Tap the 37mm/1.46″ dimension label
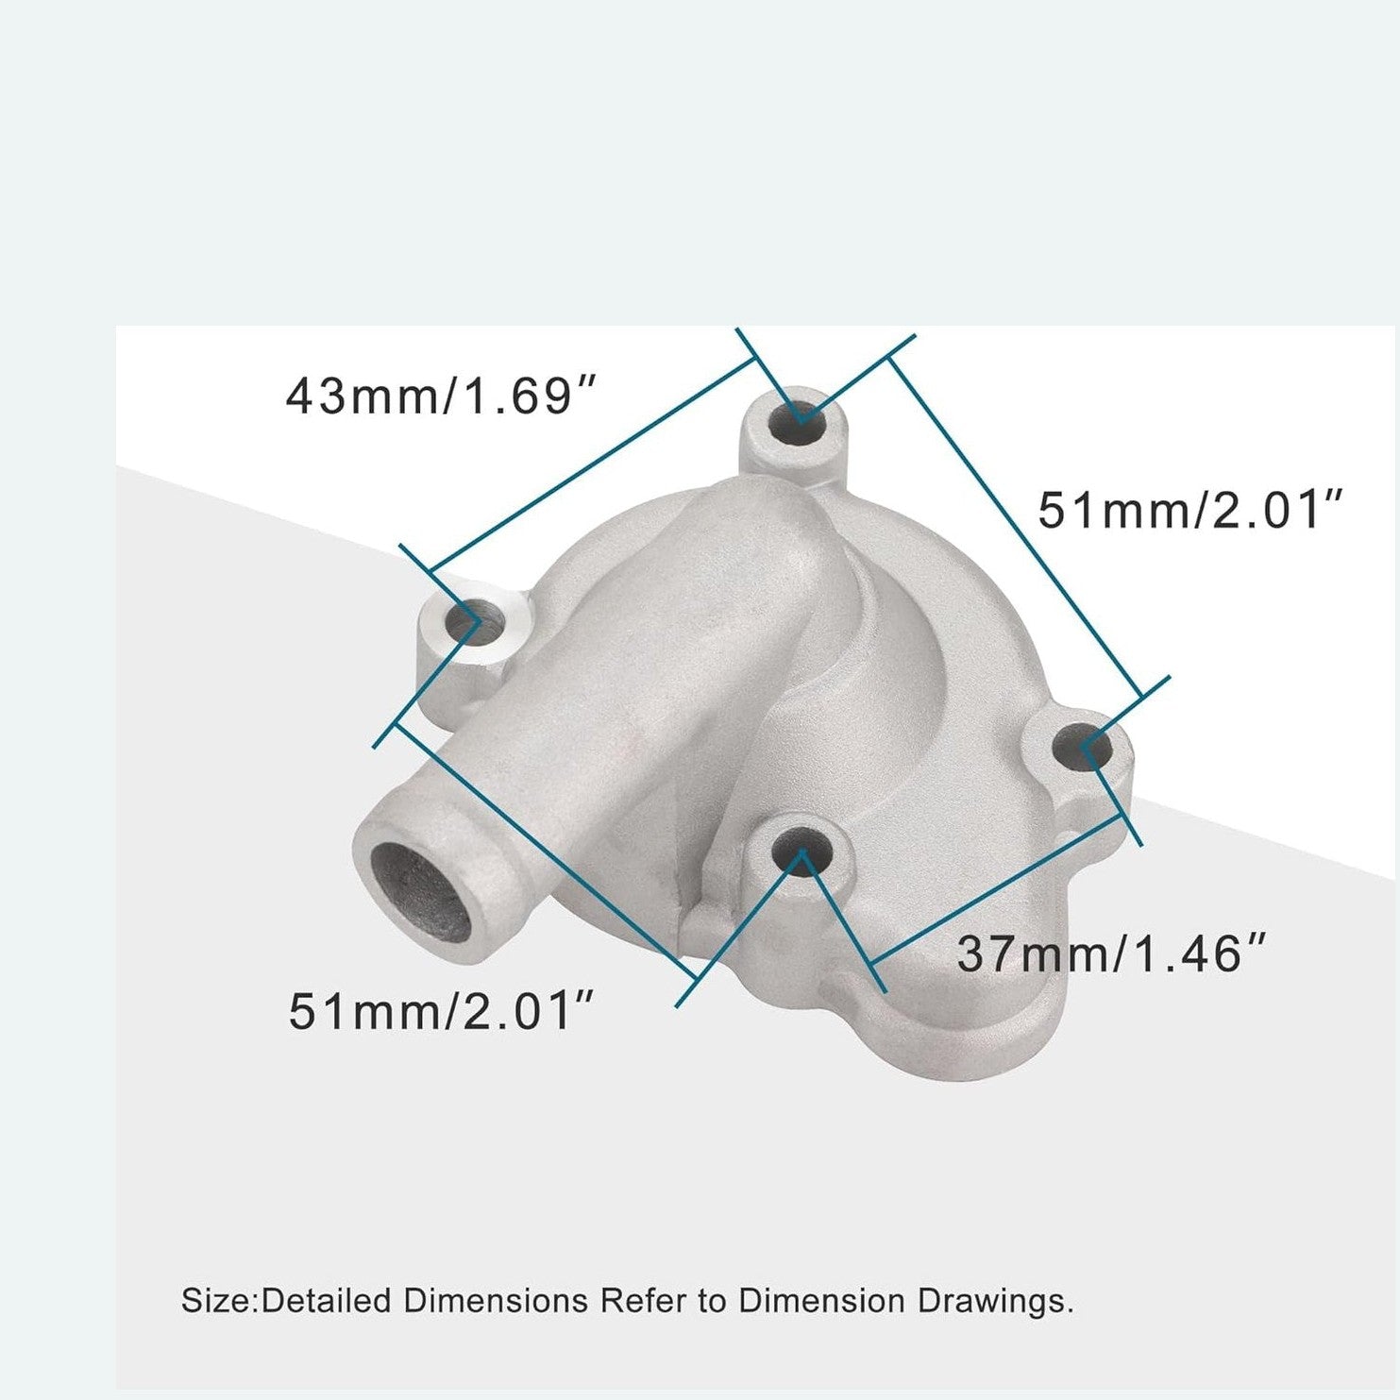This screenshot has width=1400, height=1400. [x=1111, y=953]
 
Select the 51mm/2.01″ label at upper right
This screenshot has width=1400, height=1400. [x=1189, y=511]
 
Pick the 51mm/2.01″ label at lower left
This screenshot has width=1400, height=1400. [x=442, y=1011]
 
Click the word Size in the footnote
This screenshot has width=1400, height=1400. [x=217, y=1301]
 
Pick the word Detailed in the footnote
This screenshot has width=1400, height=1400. [x=327, y=1301]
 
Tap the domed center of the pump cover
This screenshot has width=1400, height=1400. [x=906, y=680]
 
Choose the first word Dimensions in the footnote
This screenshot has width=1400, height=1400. [x=496, y=1301]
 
